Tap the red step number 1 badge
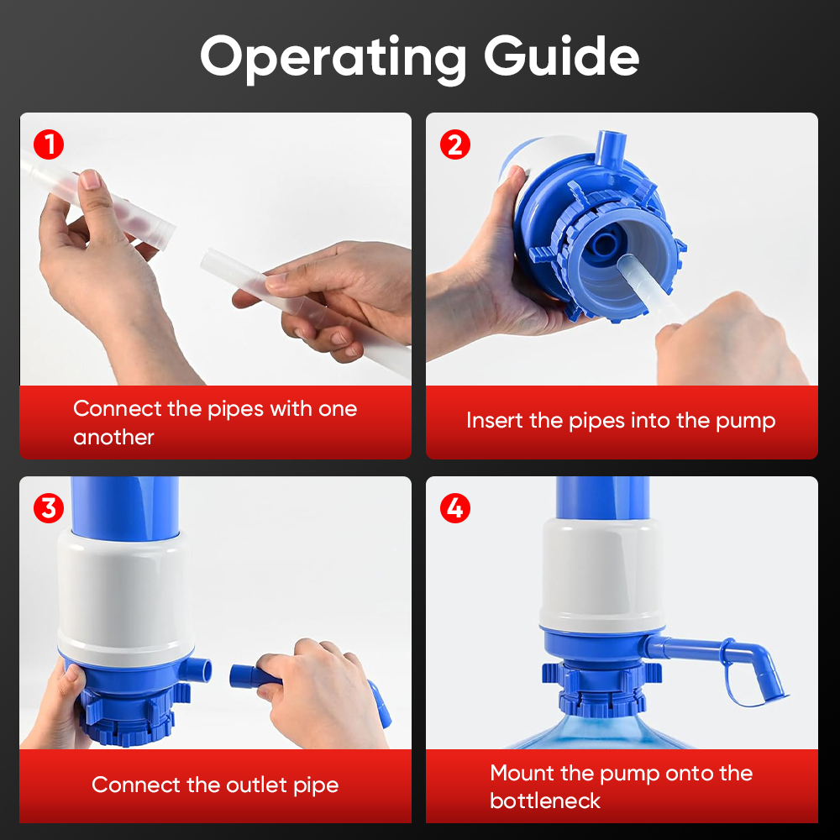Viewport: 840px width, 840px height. [50, 144]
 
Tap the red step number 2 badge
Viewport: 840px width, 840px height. [455, 144]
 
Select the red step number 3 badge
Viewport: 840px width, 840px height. [50, 508]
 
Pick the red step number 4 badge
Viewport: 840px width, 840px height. [455, 508]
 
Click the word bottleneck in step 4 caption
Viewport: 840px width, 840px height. [545, 801]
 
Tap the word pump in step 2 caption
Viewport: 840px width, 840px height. [745, 420]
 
